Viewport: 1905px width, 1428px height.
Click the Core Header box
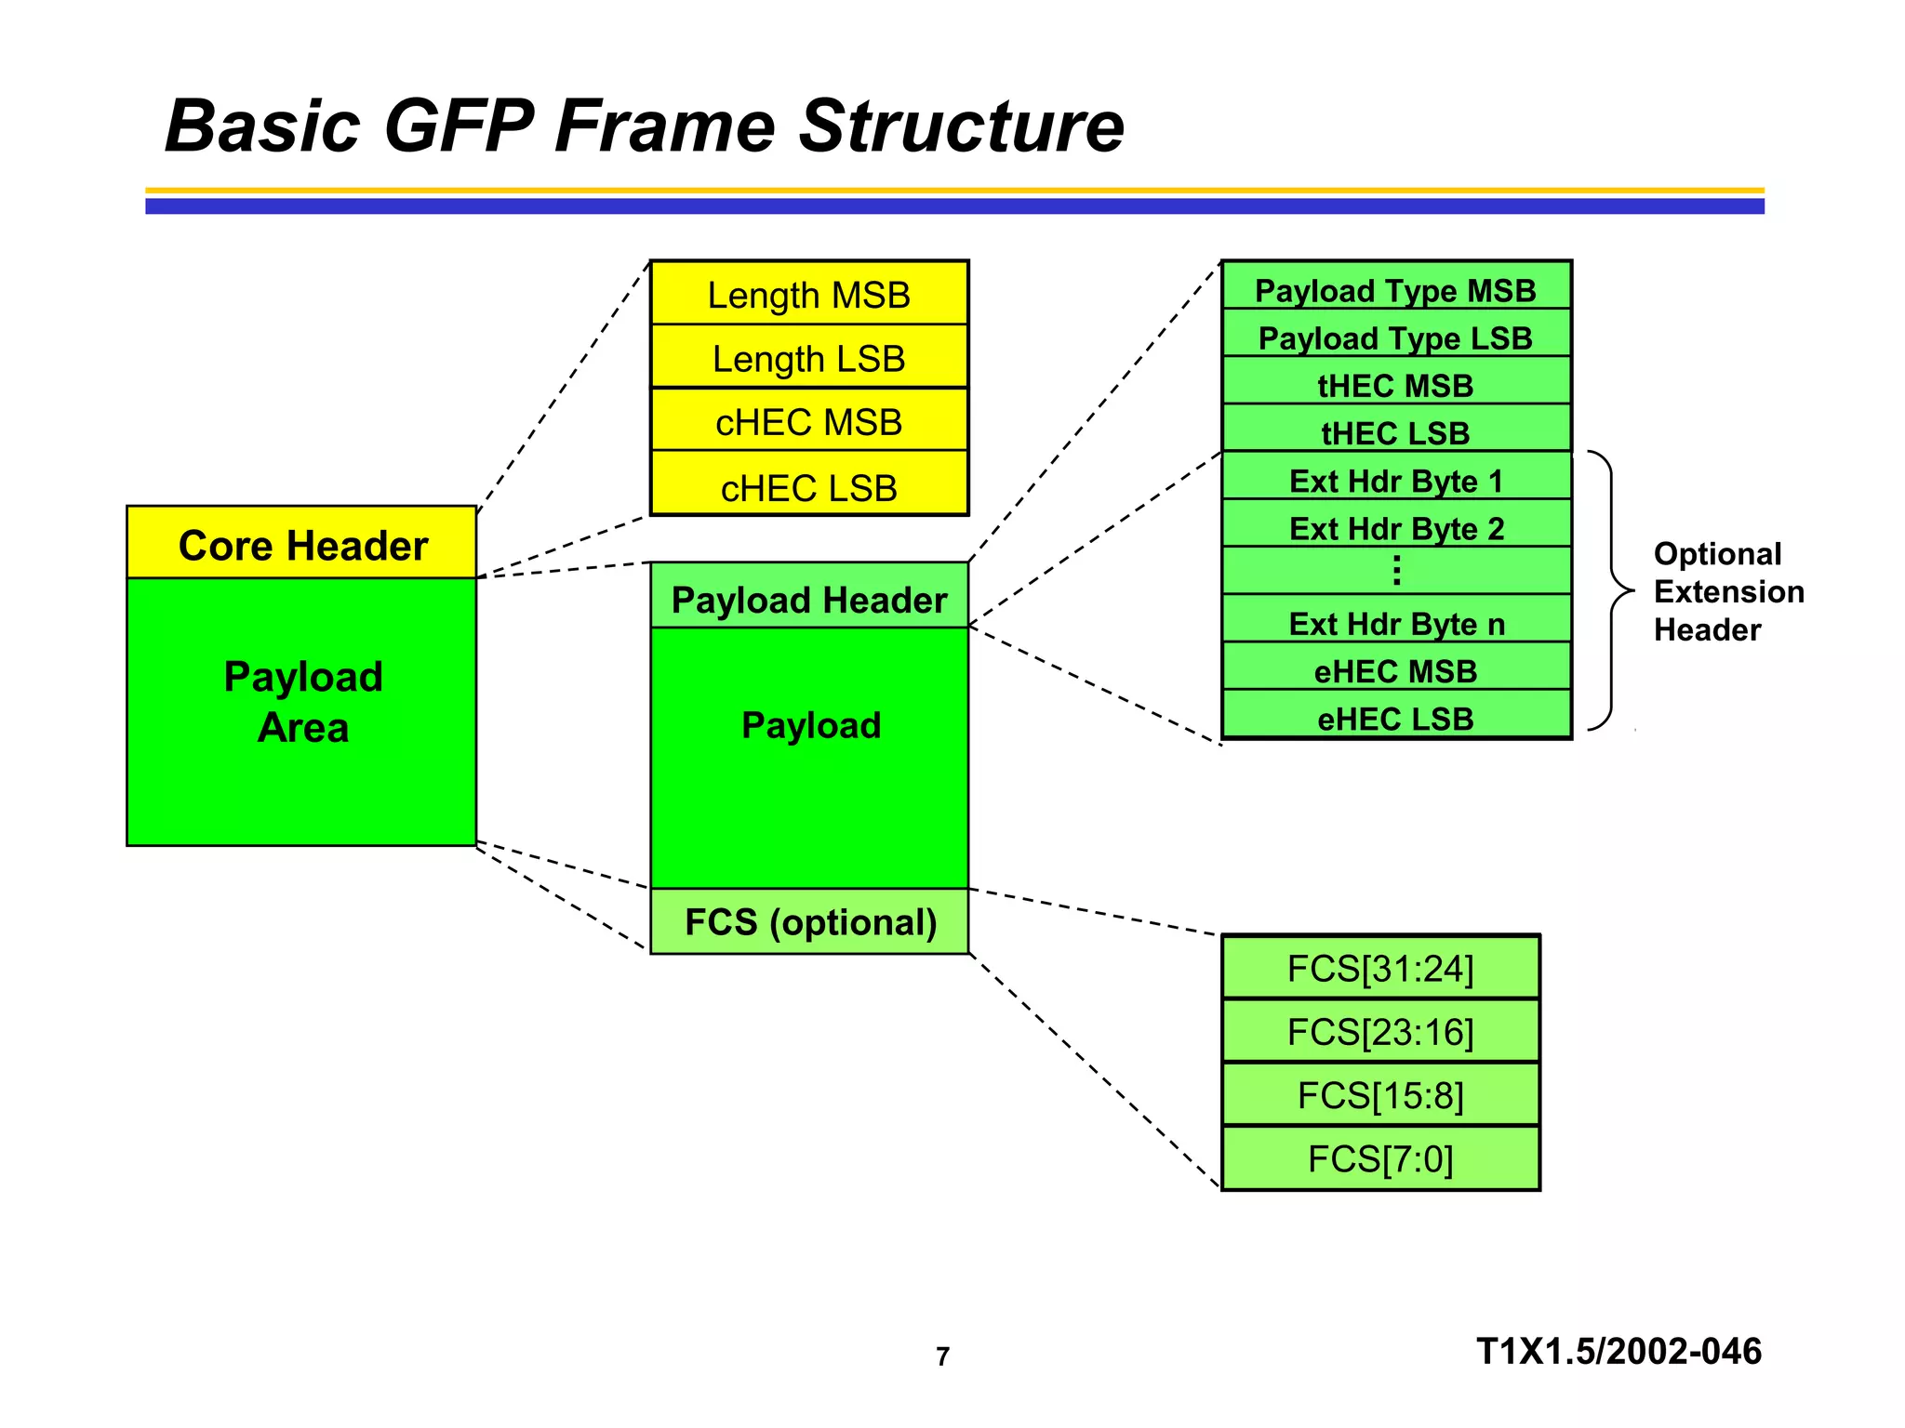pos(301,544)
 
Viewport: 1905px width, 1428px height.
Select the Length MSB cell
pos(808,295)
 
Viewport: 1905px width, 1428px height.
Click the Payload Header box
pos(808,599)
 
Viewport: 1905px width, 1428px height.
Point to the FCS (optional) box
pos(808,921)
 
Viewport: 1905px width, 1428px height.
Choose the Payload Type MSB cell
pos(1395,289)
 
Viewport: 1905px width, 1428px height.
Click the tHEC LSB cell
pos(1395,431)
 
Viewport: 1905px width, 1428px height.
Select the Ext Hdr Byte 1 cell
pos(1395,480)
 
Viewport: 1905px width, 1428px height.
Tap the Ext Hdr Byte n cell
pos(1395,623)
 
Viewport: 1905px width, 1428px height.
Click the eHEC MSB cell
pos(1395,669)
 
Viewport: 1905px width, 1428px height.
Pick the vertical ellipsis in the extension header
pos(1396,570)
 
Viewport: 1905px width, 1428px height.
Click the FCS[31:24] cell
pos(1380,968)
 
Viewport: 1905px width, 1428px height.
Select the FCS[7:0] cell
pos(1380,1158)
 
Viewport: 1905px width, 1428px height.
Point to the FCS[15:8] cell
pos(1380,1095)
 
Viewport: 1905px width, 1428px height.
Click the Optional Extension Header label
pos(1727,591)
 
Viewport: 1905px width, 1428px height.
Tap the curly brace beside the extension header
pos(1613,590)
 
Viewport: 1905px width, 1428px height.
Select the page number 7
pos(942,1356)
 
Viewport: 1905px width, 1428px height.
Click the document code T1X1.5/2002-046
pos(1619,1351)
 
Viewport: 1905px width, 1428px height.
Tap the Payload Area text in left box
pos(303,701)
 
